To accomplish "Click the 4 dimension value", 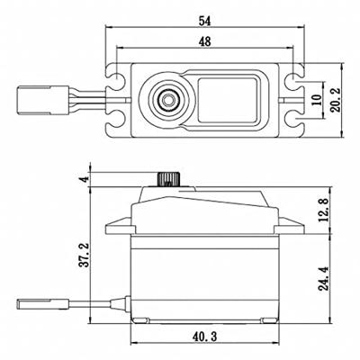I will click(84, 179).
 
